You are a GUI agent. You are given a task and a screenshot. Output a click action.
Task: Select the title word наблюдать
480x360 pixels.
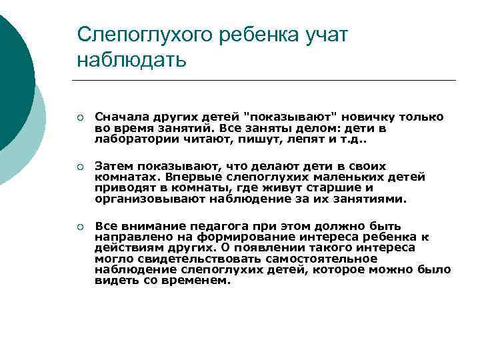tap(131, 60)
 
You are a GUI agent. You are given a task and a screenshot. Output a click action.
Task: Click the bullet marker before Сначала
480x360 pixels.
tap(80, 118)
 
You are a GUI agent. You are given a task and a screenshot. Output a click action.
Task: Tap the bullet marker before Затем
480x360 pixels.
tap(80, 167)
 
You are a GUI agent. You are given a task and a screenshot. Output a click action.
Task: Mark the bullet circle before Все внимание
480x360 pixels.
tap(80, 227)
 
